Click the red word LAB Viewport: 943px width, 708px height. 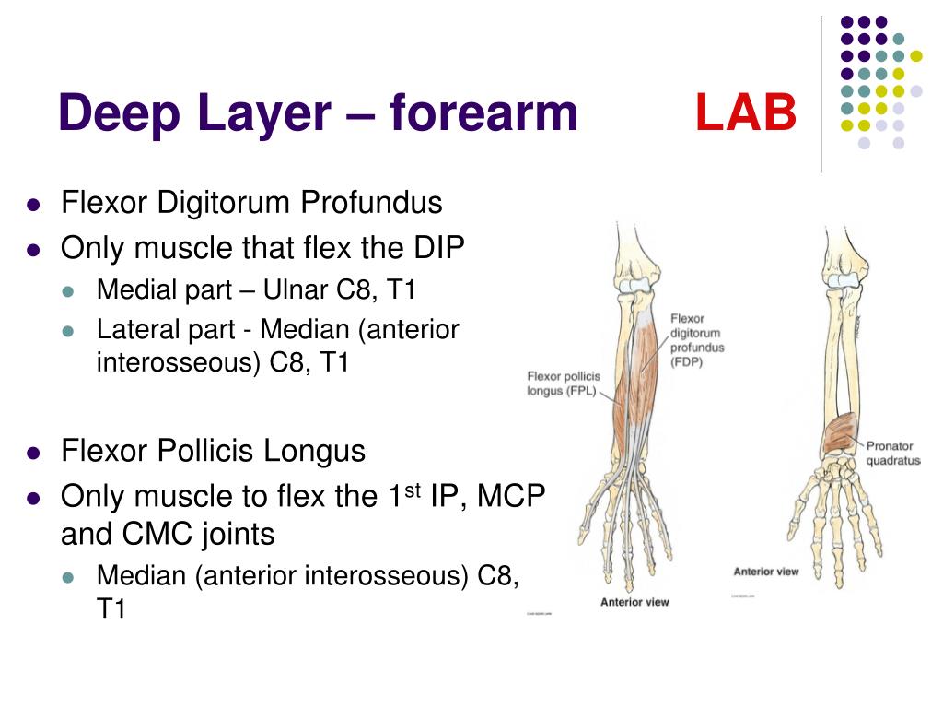click(745, 113)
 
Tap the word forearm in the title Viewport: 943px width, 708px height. click(483, 113)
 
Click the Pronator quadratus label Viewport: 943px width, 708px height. click(892, 454)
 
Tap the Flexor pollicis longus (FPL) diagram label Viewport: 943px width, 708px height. click(561, 383)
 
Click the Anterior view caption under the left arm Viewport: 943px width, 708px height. click(634, 602)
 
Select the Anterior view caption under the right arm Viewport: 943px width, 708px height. click(765, 572)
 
